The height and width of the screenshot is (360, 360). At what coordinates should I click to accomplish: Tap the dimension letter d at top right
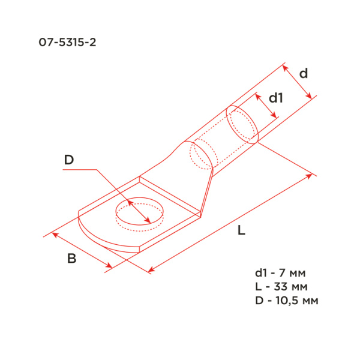coord(304,74)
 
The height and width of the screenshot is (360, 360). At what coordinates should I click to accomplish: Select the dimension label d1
coord(275,98)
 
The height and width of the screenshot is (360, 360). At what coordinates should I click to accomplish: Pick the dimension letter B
coord(71,259)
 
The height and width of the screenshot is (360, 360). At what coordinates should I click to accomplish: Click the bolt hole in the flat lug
coord(139,214)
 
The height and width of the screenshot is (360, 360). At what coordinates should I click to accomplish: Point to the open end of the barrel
coord(243,125)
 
